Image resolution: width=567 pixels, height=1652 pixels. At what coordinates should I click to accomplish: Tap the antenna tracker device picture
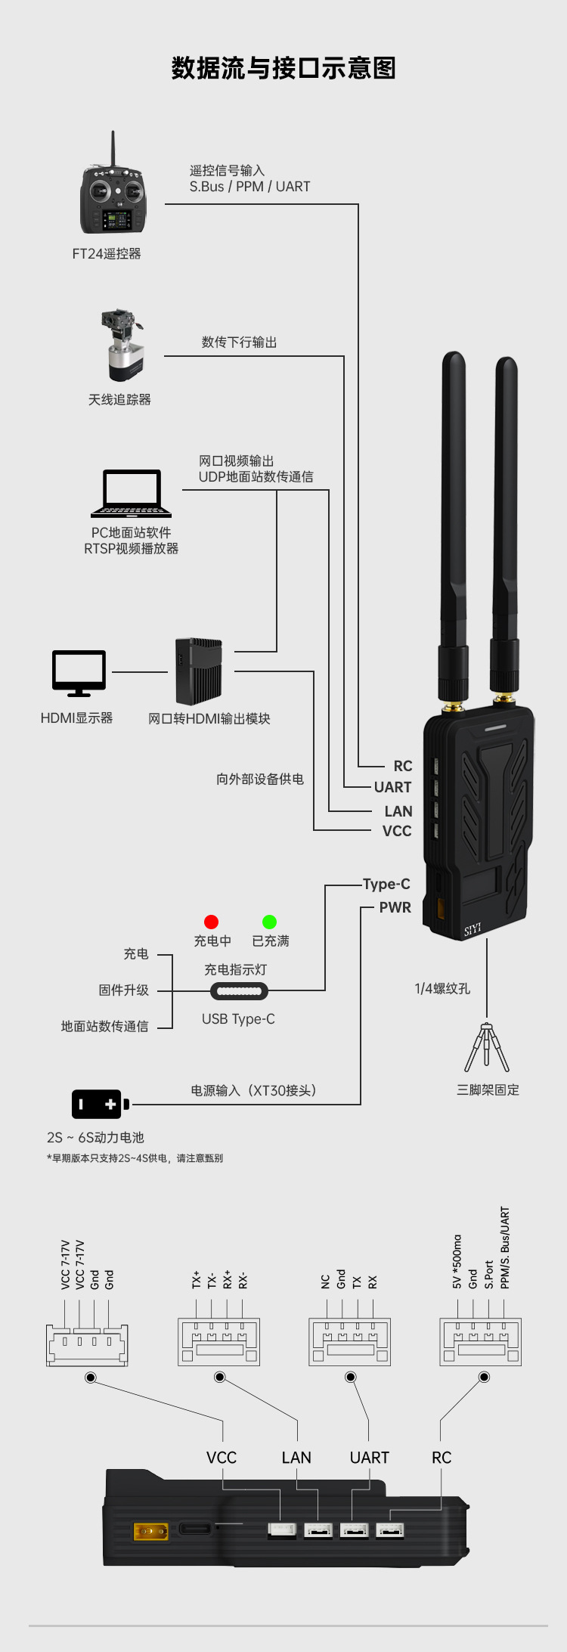122,345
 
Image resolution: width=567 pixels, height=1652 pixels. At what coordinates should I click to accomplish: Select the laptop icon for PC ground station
132,494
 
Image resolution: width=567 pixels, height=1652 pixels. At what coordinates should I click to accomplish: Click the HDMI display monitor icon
79,672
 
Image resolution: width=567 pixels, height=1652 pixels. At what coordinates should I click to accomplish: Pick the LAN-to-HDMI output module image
199,671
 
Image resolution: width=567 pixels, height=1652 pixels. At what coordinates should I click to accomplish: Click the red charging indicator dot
211,922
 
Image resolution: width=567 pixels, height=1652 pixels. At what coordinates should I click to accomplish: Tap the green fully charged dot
269,922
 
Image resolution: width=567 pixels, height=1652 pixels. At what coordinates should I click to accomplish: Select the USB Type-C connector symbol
239,990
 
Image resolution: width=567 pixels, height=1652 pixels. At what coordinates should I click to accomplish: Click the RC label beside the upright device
403,766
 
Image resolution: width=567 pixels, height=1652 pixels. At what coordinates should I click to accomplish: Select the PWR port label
395,907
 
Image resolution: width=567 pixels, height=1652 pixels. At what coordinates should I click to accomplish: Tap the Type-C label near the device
386,884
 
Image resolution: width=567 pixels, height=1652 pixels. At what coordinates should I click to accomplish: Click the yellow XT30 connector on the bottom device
150,1532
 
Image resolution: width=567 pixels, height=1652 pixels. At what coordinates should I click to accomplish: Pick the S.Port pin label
489,1275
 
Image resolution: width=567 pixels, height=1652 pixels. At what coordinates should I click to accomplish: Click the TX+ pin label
197,1279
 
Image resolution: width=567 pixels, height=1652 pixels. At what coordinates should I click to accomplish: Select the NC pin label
326,1282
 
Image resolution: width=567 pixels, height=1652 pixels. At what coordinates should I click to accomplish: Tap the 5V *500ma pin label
457,1262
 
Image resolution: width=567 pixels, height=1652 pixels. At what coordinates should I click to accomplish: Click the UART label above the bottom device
369,1458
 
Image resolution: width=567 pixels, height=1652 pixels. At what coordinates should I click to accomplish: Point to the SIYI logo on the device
472,929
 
